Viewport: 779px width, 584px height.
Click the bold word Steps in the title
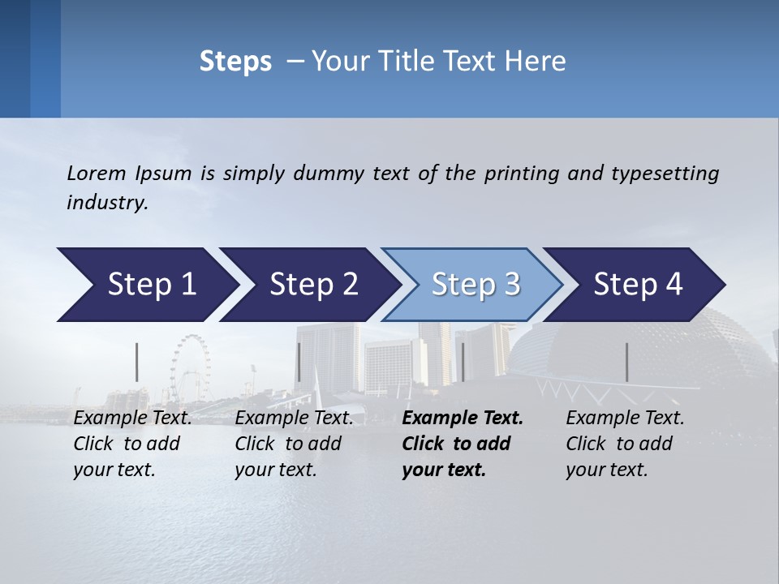point(235,61)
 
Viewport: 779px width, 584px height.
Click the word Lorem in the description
point(96,173)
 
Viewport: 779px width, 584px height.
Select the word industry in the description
point(106,203)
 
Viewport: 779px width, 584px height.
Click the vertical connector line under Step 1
point(136,362)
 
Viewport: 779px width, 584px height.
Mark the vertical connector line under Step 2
point(299,362)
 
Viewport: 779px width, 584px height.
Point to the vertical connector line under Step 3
point(463,362)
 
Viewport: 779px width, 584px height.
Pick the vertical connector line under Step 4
point(626,362)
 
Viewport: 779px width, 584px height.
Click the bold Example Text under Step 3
point(463,419)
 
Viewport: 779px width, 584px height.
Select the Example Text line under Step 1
point(132,419)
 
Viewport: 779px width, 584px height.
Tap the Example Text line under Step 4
point(625,419)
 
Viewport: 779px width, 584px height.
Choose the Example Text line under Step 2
point(294,419)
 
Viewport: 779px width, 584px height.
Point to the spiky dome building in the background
point(641,349)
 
